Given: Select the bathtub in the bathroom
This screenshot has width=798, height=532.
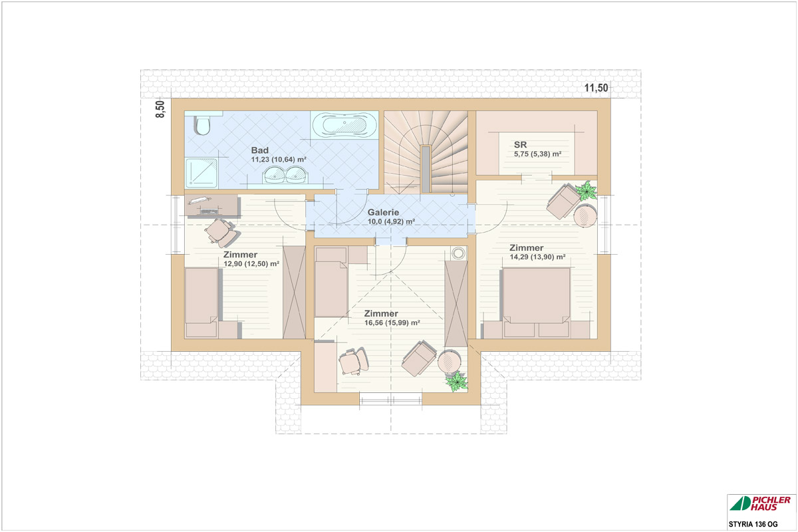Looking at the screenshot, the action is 344,124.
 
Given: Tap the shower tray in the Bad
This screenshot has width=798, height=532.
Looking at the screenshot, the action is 201,173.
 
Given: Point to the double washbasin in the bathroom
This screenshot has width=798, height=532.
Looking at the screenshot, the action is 286,175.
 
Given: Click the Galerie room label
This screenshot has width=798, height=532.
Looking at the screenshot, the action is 383,212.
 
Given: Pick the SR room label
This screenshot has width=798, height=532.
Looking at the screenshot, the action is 520,145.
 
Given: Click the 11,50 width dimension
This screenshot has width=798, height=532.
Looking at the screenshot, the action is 596,88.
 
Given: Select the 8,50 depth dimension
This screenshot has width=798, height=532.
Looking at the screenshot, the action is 161,109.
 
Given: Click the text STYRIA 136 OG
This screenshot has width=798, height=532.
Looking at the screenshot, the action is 753,525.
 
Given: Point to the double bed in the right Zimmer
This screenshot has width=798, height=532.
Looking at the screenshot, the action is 536,303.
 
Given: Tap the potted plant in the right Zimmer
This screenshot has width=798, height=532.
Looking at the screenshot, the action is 586,191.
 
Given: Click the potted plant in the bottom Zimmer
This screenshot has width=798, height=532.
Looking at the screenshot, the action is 456,382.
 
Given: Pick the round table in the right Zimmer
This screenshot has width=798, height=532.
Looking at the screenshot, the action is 585,215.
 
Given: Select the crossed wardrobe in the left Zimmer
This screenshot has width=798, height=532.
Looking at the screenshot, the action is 294,292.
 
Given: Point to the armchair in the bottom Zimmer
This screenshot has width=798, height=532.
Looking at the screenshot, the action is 419,358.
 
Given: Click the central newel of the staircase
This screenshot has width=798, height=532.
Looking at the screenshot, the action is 426,170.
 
